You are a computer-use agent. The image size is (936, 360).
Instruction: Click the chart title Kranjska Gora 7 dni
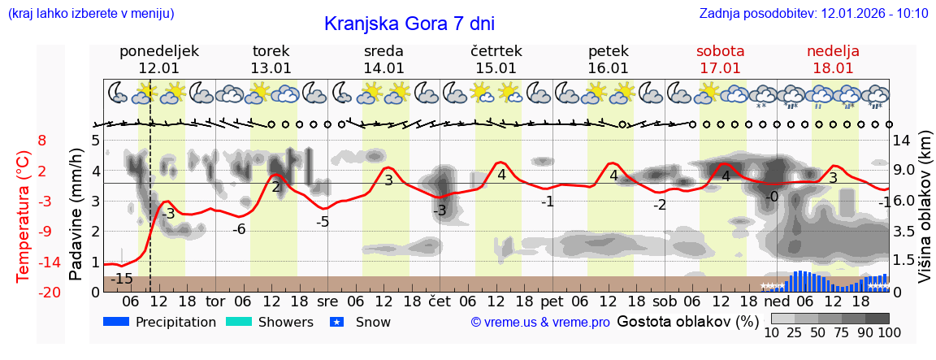click(x=409, y=24)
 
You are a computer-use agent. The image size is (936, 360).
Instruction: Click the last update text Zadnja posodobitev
click(x=813, y=14)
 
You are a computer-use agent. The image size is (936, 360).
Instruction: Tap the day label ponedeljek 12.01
click(x=159, y=59)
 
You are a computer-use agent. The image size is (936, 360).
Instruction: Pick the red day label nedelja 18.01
click(x=833, y=59)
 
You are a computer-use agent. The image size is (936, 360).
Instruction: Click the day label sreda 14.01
click(x=383, y=59)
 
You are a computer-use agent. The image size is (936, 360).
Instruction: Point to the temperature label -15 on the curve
click(x=122, y=279)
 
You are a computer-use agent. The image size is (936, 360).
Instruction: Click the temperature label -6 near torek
click(x=239, y=229)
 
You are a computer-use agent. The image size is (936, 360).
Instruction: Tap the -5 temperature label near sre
click(x=323, y=222)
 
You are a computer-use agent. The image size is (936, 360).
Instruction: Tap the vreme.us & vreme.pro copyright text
click(x=540, y=323)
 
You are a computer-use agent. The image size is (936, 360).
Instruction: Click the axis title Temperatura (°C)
click(x=24, y=215)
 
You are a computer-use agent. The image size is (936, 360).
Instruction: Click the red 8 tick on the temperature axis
click(x=42, y=141)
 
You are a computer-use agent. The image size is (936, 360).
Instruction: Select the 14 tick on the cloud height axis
click(x=903, y=141)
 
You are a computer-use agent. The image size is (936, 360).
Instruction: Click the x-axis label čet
click(x=440, y=301)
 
